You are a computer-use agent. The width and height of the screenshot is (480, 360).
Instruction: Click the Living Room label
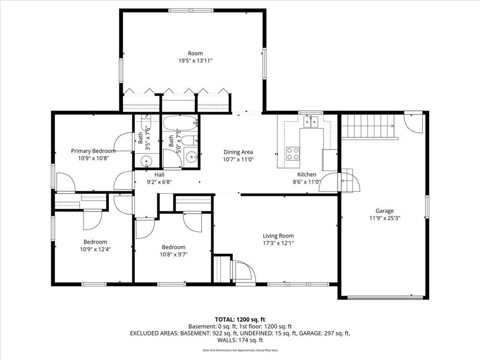(x=278, y=236)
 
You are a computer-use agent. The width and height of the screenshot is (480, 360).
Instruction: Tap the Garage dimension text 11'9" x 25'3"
(x=385, y=218)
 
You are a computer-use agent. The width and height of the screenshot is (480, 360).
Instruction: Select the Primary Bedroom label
(x=93, y=151)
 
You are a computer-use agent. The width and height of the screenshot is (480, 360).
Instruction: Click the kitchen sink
(x=311, y=121)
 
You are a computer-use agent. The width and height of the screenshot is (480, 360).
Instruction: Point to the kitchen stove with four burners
(x=292, y=154)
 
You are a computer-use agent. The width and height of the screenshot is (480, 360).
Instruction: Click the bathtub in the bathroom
(x=180, y=123)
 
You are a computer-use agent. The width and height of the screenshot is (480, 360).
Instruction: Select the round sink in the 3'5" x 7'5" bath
(x=147, y=161)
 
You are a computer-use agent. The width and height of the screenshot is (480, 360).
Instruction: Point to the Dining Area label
(x=238, y=152)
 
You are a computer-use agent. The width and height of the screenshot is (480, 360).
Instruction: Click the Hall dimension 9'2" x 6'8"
(x=159, y=182)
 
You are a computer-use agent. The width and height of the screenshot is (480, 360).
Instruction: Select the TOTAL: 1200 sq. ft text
(x=240, y=320)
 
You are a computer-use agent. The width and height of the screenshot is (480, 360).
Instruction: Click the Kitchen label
(x=307, y=174)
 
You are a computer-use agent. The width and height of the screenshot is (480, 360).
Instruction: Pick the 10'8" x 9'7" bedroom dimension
(x=173, y=255)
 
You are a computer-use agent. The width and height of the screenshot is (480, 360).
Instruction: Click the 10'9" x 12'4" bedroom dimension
(x=95, y=249)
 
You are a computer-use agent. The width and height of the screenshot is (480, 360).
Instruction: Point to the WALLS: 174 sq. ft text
(x=240, y=340)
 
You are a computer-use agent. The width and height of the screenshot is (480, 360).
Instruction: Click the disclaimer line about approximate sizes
(x=240, y=350)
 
